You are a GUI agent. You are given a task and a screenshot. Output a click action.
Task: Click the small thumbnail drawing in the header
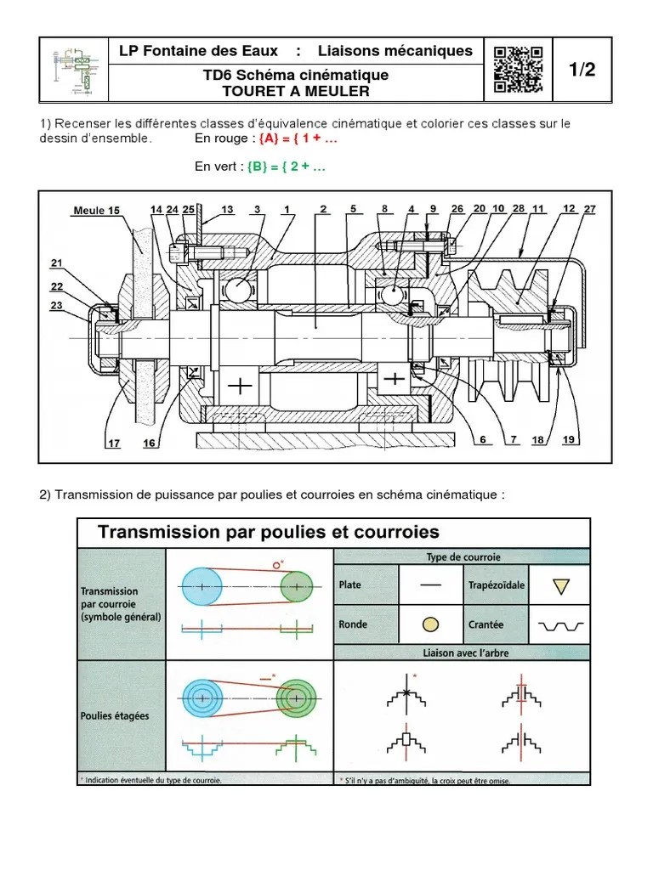74,68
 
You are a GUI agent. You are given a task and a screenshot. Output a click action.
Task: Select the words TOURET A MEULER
295,91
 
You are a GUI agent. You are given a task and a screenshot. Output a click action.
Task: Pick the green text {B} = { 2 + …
286,167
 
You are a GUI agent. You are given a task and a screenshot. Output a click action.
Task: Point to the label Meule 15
97,211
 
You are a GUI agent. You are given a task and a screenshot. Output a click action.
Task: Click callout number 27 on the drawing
591,208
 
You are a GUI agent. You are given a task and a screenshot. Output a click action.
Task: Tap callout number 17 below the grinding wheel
113,442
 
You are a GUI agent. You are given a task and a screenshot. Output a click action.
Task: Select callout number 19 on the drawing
569,439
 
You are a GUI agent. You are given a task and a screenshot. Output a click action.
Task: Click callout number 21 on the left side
57,263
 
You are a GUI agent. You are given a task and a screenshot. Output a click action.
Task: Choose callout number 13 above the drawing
227,209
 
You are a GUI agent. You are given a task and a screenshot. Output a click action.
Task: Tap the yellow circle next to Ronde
431,624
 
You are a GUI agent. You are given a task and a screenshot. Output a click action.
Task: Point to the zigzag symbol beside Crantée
557,625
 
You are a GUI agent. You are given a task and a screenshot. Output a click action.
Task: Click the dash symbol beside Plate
431,585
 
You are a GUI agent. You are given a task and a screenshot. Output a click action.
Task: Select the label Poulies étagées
115,715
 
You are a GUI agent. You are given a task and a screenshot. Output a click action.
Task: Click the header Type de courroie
463,557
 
